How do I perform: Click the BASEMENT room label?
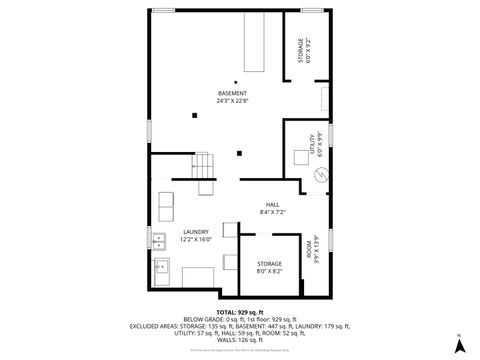[x=232, y=93]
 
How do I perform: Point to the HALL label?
[x=272, y=205]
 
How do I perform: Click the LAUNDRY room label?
[x=195, y=232]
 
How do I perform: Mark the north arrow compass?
[x=459, y=345]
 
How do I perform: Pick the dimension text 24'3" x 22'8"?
[x=233, y=100]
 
